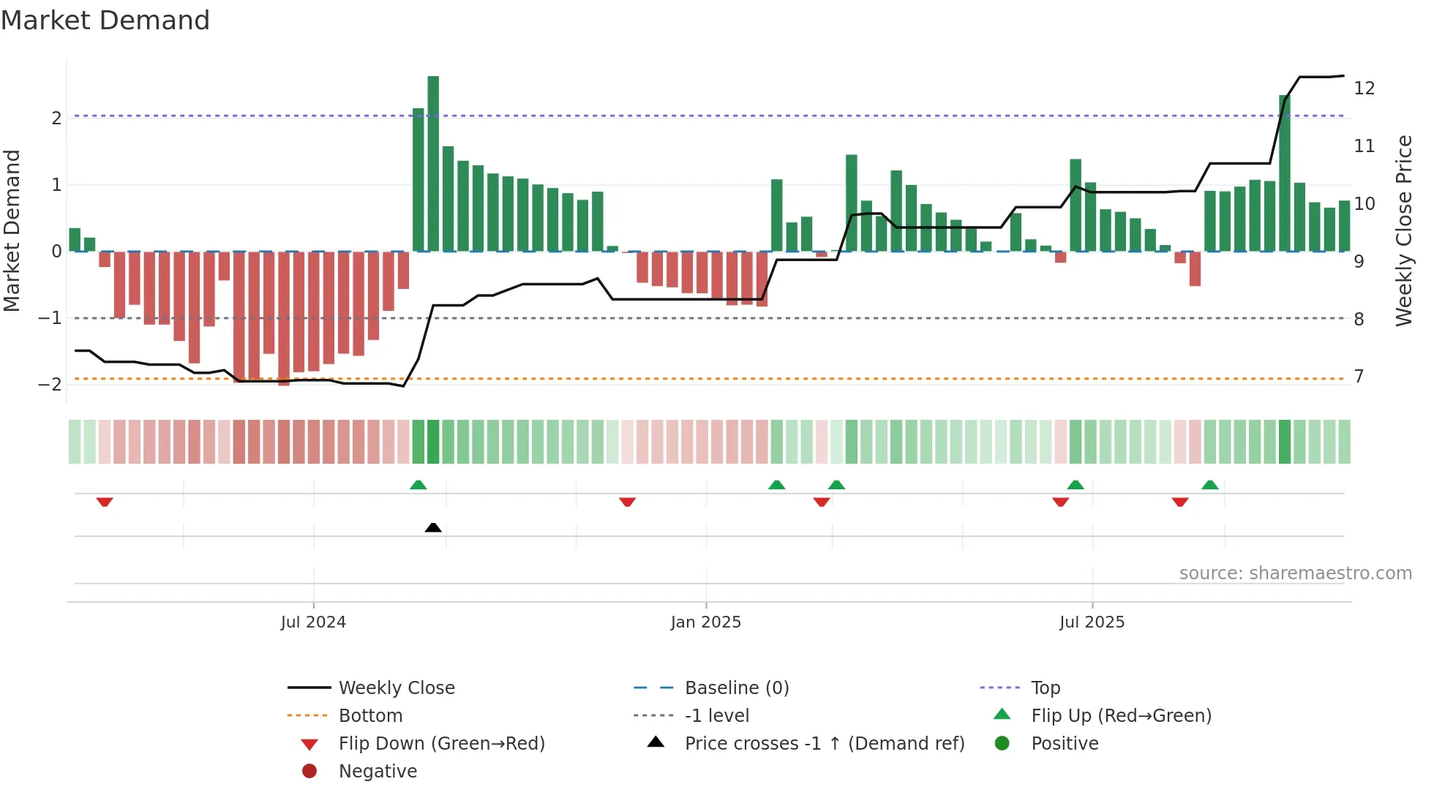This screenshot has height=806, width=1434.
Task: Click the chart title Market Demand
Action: [105, 20]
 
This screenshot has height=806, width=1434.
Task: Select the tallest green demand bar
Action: [433, 164]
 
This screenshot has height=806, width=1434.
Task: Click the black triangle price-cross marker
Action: [433, 527]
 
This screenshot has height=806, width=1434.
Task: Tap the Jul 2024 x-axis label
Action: [313, 622]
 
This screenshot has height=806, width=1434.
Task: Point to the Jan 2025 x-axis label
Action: [705, 622]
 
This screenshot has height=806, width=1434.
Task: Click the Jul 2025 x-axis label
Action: [1092, 622]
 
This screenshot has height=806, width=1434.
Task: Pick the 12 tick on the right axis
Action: [1364, 88]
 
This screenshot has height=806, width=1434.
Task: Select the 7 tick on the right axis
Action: [1359, 377]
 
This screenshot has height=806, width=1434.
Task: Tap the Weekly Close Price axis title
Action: [1403, 230]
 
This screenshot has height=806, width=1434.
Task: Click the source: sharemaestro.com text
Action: [1295, 573]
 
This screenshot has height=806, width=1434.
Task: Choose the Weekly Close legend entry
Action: [396, 688]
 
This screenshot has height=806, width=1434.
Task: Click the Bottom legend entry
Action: [370, 716]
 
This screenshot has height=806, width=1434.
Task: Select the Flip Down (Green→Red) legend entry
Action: [441, 744]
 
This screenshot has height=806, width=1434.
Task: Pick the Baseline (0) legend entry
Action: [736, 688]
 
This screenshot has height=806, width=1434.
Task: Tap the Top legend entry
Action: [1046, 688]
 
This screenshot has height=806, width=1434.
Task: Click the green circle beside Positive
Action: [1002, 744]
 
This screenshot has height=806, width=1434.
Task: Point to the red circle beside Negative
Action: [309, 772]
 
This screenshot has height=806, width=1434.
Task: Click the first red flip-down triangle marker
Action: [105, 502]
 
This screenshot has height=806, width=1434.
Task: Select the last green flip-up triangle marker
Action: [1210, 485]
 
